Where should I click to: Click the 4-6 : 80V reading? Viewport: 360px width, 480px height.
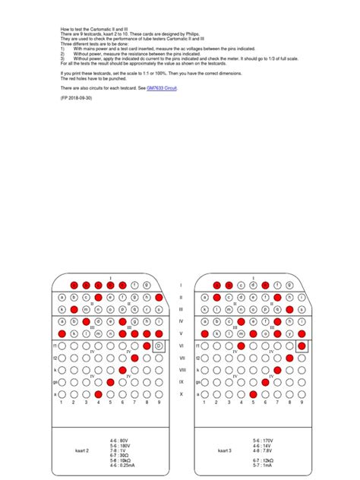point(118,438)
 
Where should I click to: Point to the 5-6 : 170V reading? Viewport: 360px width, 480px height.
point(261,438)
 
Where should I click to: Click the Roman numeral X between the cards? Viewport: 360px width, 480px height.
point(181,395)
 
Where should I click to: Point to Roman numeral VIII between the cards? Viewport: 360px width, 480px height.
point(181,370)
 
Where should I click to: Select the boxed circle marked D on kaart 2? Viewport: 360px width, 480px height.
point(158,346)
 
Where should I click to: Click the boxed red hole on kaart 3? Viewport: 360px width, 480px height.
point(302,346)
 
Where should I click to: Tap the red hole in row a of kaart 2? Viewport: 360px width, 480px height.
point(98,395)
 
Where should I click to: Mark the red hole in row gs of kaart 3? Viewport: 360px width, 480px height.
point(265,382)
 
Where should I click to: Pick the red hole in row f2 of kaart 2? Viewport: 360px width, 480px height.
point(134,358)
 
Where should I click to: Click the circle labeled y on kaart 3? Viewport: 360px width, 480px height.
point(289,333)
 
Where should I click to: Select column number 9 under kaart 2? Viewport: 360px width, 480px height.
point(158,404)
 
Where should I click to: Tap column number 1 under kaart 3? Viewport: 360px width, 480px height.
point(205,404)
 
